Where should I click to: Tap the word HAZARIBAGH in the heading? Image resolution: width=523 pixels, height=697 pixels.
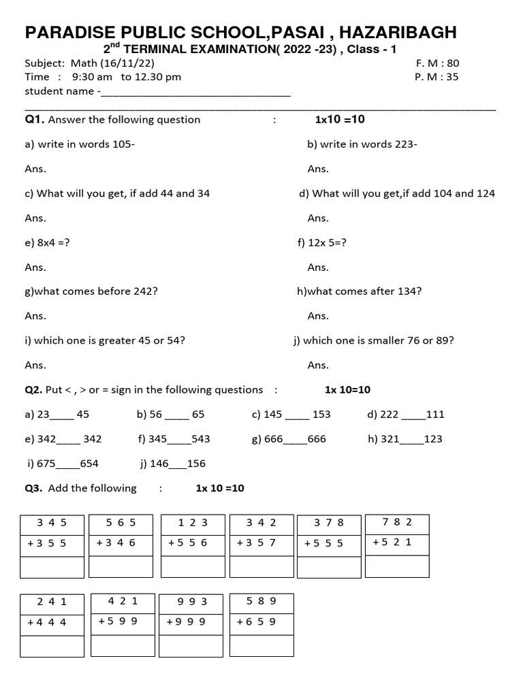pos(398,32)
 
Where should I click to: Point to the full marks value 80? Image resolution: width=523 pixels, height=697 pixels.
pos(453,63)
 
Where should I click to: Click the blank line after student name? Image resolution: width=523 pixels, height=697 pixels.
pos(195,92)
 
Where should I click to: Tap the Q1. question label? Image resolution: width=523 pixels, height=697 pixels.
pos(35,120)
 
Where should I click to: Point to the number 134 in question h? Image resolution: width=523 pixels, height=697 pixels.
pos(408,291)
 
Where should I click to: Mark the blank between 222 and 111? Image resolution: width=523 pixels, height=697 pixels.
pos(413,415)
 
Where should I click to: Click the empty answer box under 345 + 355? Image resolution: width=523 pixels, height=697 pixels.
pos(52,567)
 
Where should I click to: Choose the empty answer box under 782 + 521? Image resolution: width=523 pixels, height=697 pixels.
pos(397,566)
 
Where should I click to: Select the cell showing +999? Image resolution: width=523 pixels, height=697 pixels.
pos(191,621)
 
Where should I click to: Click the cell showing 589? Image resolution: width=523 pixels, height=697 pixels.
pos(261,600)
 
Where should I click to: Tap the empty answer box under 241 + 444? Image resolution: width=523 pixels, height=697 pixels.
pos(52,646)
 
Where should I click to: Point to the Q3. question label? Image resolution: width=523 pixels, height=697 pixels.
pos(34,488)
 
